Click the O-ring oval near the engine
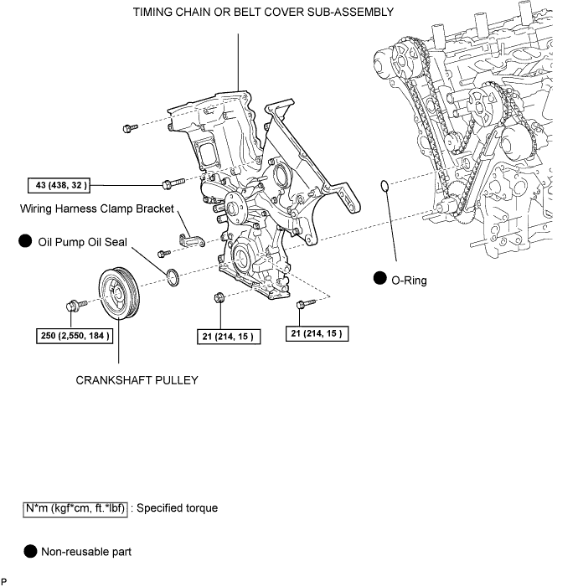click(x=384, y=185)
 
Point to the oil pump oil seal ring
click(x=173, y=276)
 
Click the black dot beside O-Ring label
click(x=379, y=280)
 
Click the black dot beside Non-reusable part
click(x=30, y=552)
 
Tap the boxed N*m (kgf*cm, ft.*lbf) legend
click(x=75, y=508)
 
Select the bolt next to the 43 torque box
click(x=166, y=183)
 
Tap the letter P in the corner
click(x=5, y=579)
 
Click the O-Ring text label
click(x=410, y=281)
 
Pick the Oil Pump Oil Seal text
click(x=82, y=243)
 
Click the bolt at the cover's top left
click(x=129, y=128)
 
